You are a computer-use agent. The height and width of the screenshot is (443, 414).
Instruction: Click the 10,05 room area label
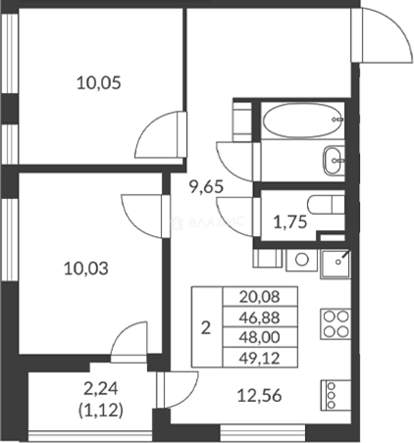pos(99,83)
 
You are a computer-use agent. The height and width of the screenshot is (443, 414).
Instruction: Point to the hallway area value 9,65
pos(206,187)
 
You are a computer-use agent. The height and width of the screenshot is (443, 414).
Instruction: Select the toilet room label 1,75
pos(290,221)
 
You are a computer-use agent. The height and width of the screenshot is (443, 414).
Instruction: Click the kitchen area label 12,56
pos(259,395)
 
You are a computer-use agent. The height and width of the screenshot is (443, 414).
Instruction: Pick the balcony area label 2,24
pos(101,388)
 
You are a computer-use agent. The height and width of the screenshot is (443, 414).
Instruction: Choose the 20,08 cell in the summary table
pos(260,297)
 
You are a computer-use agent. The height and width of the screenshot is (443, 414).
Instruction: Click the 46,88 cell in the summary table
pos(260,317)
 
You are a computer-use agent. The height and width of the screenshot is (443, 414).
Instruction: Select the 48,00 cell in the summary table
pos(260,337)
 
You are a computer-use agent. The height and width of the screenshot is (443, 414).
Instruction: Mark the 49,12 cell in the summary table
pos(260,358)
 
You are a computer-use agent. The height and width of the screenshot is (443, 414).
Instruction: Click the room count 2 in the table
pos(206,328)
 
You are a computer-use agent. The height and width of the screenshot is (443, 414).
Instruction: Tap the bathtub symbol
pos(303,120)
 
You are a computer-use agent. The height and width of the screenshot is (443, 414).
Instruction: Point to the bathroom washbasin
pos(334,160)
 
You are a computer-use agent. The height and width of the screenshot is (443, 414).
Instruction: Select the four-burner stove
pos(336,324)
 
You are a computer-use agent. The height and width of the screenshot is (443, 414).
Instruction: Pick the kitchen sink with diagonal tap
pos(336,264)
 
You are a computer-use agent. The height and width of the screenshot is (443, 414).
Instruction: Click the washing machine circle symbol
pos(301,259)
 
